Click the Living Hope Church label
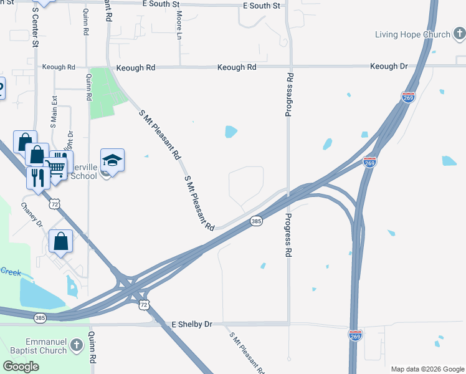point(412,34)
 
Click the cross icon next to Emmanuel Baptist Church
point(76,345)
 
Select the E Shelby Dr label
point(192,325)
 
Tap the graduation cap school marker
point(112,161)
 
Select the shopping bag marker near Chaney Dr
point(60,241)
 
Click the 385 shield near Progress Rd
point(256,221)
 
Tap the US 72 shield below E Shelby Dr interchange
point(145,304)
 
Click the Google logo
point(21,367)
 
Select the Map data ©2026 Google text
point(427,369)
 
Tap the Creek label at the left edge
point(10,271)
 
